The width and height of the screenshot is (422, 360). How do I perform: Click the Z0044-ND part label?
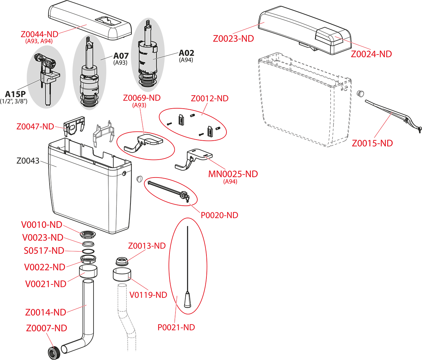click(x=39, y=34)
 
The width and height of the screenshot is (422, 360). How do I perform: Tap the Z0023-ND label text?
click(x=233, y=39)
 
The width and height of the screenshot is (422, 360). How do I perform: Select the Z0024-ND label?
click(x=371, y=54)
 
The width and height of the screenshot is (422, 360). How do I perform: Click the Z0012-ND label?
click(x=210, y=99)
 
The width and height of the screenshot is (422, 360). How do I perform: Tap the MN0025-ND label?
click(x=233, y=174)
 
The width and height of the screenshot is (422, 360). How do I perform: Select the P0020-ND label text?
click(x=219, y=215)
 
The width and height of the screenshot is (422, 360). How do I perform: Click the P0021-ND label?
click(x=176, y=327)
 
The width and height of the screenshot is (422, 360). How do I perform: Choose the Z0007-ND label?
click(x=46, y=328)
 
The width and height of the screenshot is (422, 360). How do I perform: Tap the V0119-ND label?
click(x=148, y=295)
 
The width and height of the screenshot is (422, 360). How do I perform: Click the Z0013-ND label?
click(x=147, y=246)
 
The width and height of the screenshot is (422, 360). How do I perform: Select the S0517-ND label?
click(x=44, y=251)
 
